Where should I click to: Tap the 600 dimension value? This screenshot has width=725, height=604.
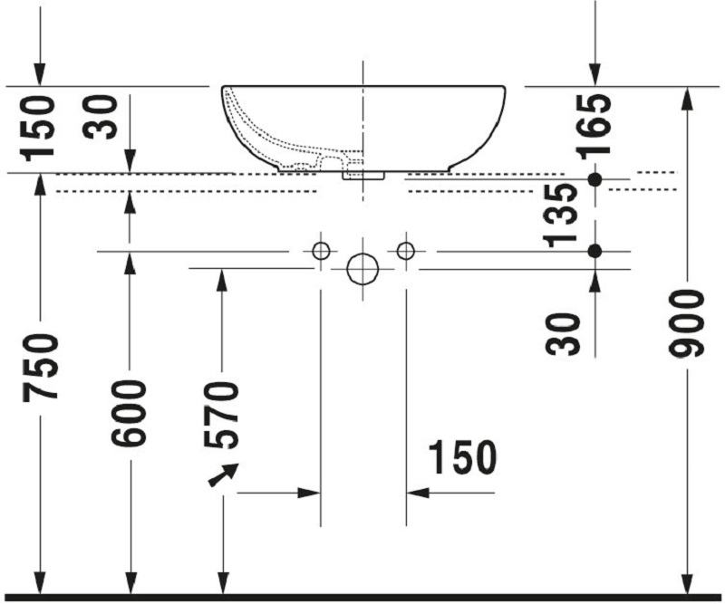pos(129,413)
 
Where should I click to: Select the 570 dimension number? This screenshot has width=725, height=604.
pos(221,415)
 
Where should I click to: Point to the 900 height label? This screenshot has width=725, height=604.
pos(687,323)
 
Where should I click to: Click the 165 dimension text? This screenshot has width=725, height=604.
pos(594,127)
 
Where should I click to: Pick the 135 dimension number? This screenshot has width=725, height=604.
pos(560,215)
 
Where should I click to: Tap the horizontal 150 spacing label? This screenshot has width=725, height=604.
pos(463,457)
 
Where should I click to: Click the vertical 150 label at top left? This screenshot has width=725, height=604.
pos(37,128)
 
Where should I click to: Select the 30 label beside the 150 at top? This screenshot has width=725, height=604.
pos(100,117)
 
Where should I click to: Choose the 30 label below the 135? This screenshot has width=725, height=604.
pos(562,334)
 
